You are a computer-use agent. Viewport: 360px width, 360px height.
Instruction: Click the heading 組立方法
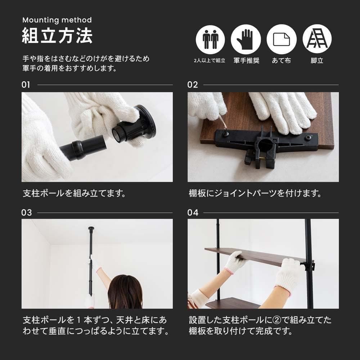(57, 36)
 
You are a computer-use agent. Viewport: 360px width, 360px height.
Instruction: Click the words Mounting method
(57, 20)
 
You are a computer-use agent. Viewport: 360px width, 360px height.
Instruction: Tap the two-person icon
(210, 39)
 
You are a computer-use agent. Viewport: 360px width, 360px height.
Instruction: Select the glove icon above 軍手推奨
(246, 39)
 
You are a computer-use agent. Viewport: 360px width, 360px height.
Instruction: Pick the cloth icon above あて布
(282, 39)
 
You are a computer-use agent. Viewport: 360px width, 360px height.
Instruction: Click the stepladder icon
(317, 39)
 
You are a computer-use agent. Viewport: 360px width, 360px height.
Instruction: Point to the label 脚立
(317, 60)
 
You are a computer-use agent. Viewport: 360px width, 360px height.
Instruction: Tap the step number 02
(193, 85)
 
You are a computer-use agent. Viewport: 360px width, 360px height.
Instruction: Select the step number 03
(27, 213)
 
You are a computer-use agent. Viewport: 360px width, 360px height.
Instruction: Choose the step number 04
(193, 213)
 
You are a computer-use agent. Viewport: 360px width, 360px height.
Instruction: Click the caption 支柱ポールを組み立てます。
(74, 193)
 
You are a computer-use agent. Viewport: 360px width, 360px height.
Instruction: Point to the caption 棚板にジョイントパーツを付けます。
(255, 193)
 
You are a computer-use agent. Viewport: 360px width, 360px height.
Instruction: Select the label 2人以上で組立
(210, 61)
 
